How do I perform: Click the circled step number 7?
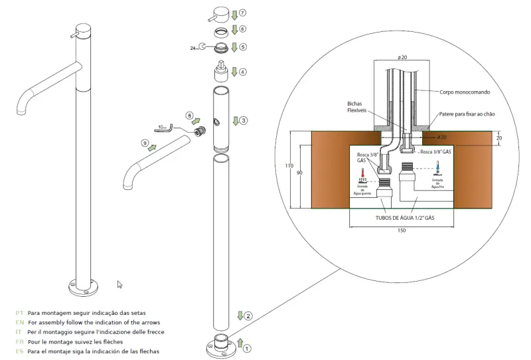pos(243,13)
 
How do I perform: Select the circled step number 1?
pos(247,347)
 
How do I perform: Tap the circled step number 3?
pos(244,120)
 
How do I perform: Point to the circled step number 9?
pos(144,143)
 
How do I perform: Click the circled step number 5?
pos(244,46)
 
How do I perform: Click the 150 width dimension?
pos(402,231)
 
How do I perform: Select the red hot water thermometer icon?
pos(362,179)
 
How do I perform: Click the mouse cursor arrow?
pos(120,284)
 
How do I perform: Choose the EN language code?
pos(19,321)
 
